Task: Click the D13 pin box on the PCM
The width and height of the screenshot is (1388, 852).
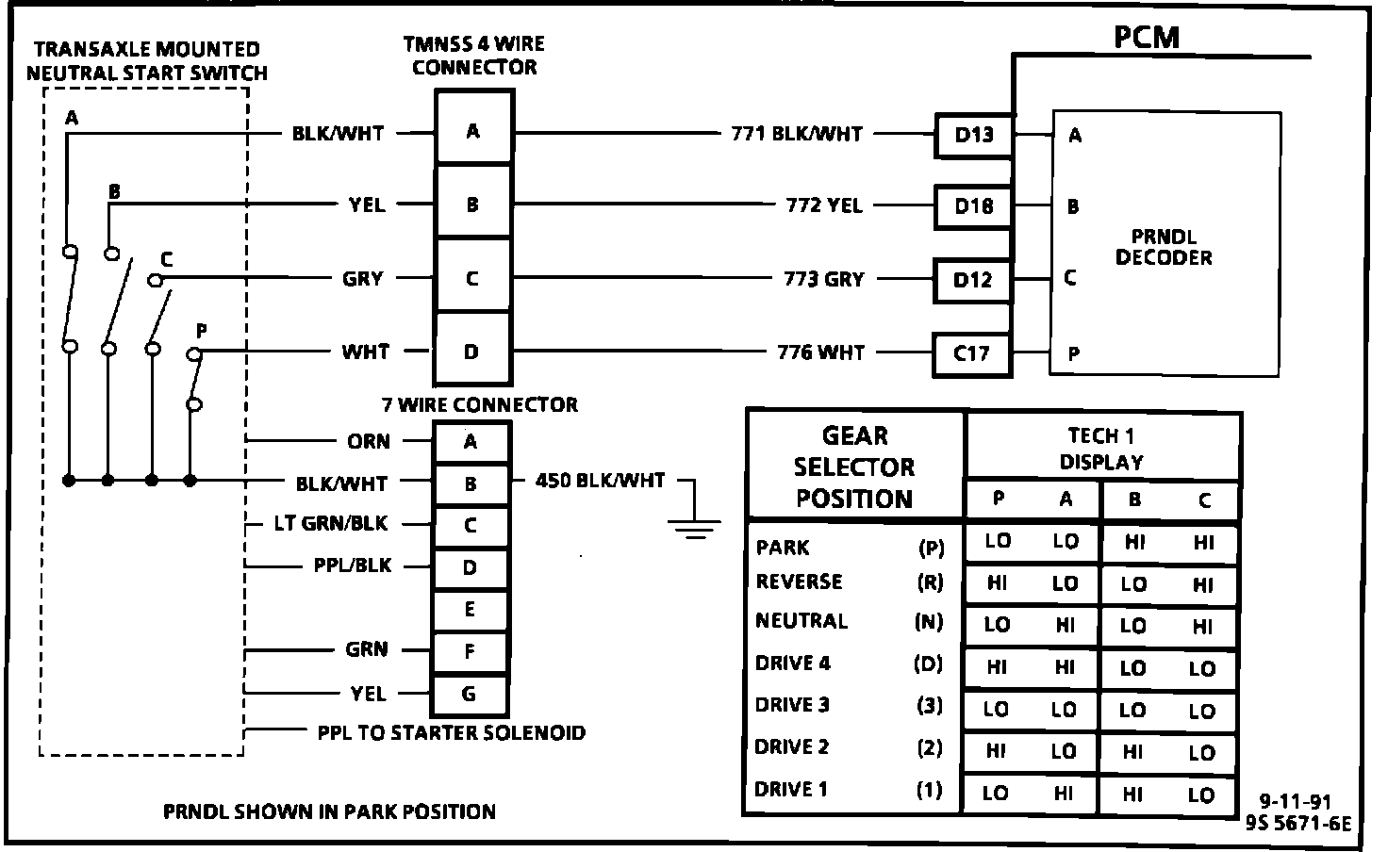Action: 974,135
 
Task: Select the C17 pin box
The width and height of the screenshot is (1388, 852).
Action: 971,353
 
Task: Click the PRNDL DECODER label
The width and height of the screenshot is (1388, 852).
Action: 1164,246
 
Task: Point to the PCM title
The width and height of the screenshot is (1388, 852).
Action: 1146,37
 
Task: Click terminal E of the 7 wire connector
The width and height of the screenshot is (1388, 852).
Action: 470,610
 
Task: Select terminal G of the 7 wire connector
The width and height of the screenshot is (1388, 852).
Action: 470,695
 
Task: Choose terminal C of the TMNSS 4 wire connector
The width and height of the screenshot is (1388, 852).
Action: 472,279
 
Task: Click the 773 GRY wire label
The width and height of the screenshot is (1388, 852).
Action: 823,279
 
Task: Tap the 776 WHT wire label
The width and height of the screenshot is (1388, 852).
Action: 820,353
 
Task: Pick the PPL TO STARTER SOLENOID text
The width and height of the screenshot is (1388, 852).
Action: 451,732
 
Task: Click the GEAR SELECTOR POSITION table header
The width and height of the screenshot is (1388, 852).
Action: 854,467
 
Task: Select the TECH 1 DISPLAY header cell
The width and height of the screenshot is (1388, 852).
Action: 1101,449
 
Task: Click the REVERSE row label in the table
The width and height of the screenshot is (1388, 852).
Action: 799,582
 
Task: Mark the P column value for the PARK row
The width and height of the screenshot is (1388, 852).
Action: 997,541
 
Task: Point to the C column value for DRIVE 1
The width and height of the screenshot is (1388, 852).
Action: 1201,795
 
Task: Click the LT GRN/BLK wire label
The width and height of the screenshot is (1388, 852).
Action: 331,523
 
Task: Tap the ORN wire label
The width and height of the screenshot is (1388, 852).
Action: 368,441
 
